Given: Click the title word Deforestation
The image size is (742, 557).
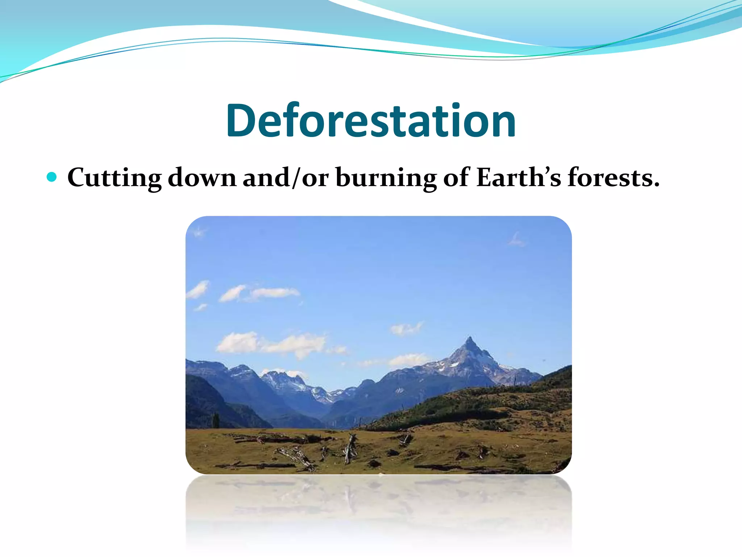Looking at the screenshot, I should tap(371, 121).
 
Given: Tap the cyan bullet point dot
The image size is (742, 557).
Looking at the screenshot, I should tap(52, 177).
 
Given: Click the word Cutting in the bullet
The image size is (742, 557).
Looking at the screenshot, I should tap(114, 178).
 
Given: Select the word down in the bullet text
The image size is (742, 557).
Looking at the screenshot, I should tap(202, 178).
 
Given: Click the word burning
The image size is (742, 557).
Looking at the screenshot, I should tap(386, 178).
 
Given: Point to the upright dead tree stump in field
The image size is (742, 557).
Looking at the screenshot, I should tap(350, 449).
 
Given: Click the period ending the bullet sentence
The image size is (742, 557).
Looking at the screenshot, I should tap(655, 185).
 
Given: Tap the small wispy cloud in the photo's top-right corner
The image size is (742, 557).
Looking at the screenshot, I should tap(516, 240).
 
